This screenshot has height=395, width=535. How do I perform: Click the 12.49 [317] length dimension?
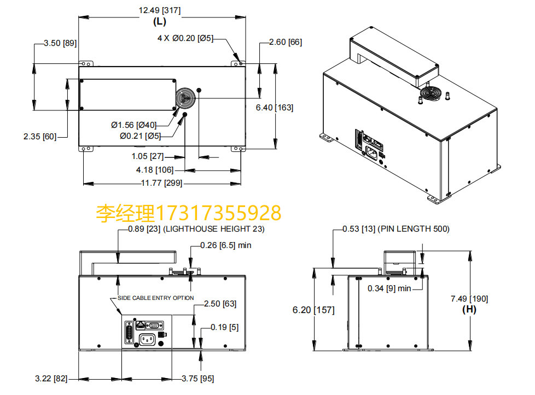(x=160, y=9)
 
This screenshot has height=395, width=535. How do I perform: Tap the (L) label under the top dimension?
(x=159, y=22)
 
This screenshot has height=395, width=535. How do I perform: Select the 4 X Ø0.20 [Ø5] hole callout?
(x=185, y=38)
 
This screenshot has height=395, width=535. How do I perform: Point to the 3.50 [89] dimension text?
(x=60, y=43)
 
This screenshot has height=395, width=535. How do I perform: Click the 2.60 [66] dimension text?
(x=286, y=42)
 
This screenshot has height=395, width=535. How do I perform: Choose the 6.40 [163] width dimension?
(x=274, y=108)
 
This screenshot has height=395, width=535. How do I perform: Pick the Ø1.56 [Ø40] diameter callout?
(x=133, y=125)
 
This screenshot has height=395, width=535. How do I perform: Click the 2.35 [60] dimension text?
(x=39, y=137)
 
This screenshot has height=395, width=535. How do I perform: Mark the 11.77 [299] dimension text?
(x=161, y=183)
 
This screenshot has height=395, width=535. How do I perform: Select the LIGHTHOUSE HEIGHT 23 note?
(x=213, y=229)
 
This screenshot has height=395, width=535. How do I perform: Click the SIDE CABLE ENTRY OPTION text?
(x=156, y=298)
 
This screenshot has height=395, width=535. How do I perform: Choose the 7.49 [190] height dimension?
(x=469, y=298)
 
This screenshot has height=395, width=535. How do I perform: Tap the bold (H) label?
(x=469, y=309)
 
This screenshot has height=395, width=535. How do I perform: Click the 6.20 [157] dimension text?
(x=313, y=310)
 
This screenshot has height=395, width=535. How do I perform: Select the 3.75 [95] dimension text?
(x=197, y=378)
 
